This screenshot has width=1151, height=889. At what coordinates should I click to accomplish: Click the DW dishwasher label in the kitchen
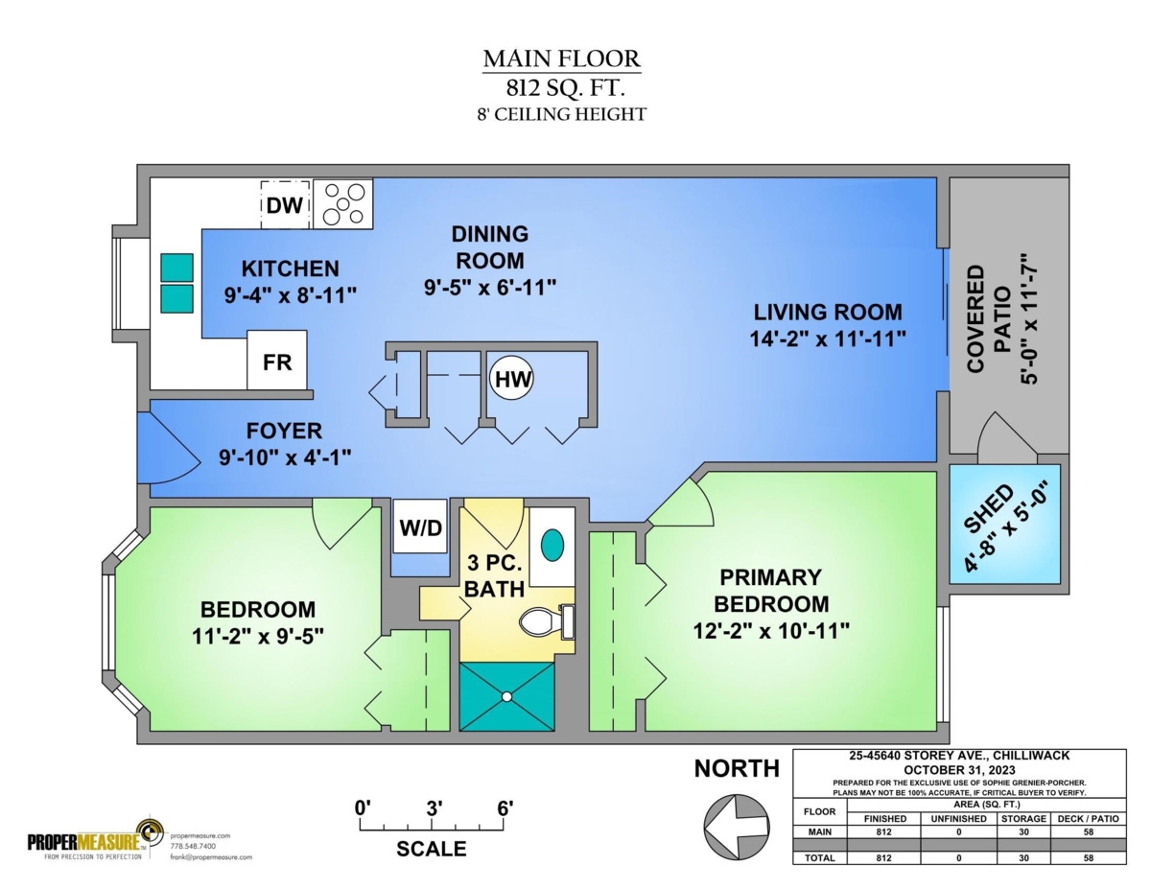click(x=285, y=205)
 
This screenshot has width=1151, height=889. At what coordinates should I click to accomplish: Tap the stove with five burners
click(x=343, y=204)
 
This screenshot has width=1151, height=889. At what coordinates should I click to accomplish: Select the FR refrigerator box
click(x=277, y=360)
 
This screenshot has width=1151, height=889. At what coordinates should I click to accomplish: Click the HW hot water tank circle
click(x=511, y=379)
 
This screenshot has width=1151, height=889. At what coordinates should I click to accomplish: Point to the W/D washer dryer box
click(x=420, y=526)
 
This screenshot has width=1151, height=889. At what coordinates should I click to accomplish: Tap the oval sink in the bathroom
click(x=552, y=546)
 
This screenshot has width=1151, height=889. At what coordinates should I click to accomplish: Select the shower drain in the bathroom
click(x=506, y=697)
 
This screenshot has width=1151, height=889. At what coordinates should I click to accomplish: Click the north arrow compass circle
click(x=737, y=827)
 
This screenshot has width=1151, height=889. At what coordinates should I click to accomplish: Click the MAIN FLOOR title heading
click(x=562, y=58)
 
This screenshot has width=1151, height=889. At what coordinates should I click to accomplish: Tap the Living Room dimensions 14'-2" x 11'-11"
click(x=828, y=339)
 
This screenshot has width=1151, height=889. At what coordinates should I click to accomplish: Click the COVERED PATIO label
click(x=989, y=318)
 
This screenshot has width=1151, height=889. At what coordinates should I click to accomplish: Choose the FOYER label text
click(x=284, y=431)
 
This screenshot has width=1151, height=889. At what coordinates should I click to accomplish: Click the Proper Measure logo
click(x=90, y=841)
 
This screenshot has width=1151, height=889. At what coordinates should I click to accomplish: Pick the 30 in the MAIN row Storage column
click(x=1023, y=831)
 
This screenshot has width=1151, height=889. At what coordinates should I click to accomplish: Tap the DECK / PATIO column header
click(x=1088, y=819)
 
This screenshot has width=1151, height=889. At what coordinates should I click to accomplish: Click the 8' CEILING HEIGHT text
click(x=561, y=114)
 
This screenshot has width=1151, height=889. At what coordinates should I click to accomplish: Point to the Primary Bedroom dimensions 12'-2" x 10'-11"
click(x=771, y=631)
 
